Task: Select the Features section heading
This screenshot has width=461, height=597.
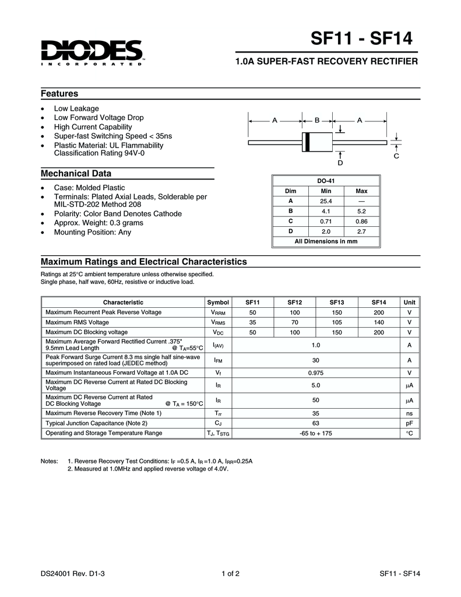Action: [x=59, y=94]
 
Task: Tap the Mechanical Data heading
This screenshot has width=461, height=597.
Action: [x=75, y=174]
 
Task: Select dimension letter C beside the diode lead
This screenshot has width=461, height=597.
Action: [x=396, y=156]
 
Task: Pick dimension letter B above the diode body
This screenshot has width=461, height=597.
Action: [x=317, y=120]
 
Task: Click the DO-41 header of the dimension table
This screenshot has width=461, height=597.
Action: [x=326, y=181]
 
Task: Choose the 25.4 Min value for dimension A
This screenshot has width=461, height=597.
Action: [x=326, y=201]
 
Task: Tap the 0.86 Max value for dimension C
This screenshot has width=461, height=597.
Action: [x=361, y=221]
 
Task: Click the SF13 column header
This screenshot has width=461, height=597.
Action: [x=337, y=302]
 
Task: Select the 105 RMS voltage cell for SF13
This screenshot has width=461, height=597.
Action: [x=337, y=322]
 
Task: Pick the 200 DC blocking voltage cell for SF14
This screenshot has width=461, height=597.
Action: [x=379, y=332]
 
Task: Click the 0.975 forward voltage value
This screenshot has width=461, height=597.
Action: [x=315, y=373]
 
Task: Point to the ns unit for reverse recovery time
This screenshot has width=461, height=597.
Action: [x=410, y=413]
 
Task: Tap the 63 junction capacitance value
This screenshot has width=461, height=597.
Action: [x=315, y=423]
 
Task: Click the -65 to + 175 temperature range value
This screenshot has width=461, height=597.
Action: [x=315, y=433]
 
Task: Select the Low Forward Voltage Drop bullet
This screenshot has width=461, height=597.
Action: [x=98, y=118]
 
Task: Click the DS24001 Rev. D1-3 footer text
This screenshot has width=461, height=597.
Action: [x=73, y=574]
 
